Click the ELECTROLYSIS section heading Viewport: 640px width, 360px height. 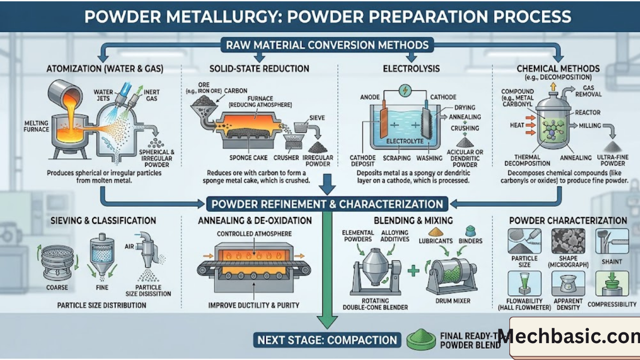point(411,68)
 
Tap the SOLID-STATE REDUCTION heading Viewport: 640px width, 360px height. point(259,68)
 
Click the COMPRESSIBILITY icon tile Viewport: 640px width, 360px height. point(612,283)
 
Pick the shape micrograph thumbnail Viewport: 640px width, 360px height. point(568,241)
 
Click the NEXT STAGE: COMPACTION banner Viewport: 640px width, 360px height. point(327,340)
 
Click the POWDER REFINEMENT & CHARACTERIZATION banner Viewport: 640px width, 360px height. point(327,204)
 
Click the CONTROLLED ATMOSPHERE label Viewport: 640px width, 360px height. point(254,234)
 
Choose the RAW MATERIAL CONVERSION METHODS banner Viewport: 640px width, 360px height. point(327,45)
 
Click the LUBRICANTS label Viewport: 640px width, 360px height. point(436,240)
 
